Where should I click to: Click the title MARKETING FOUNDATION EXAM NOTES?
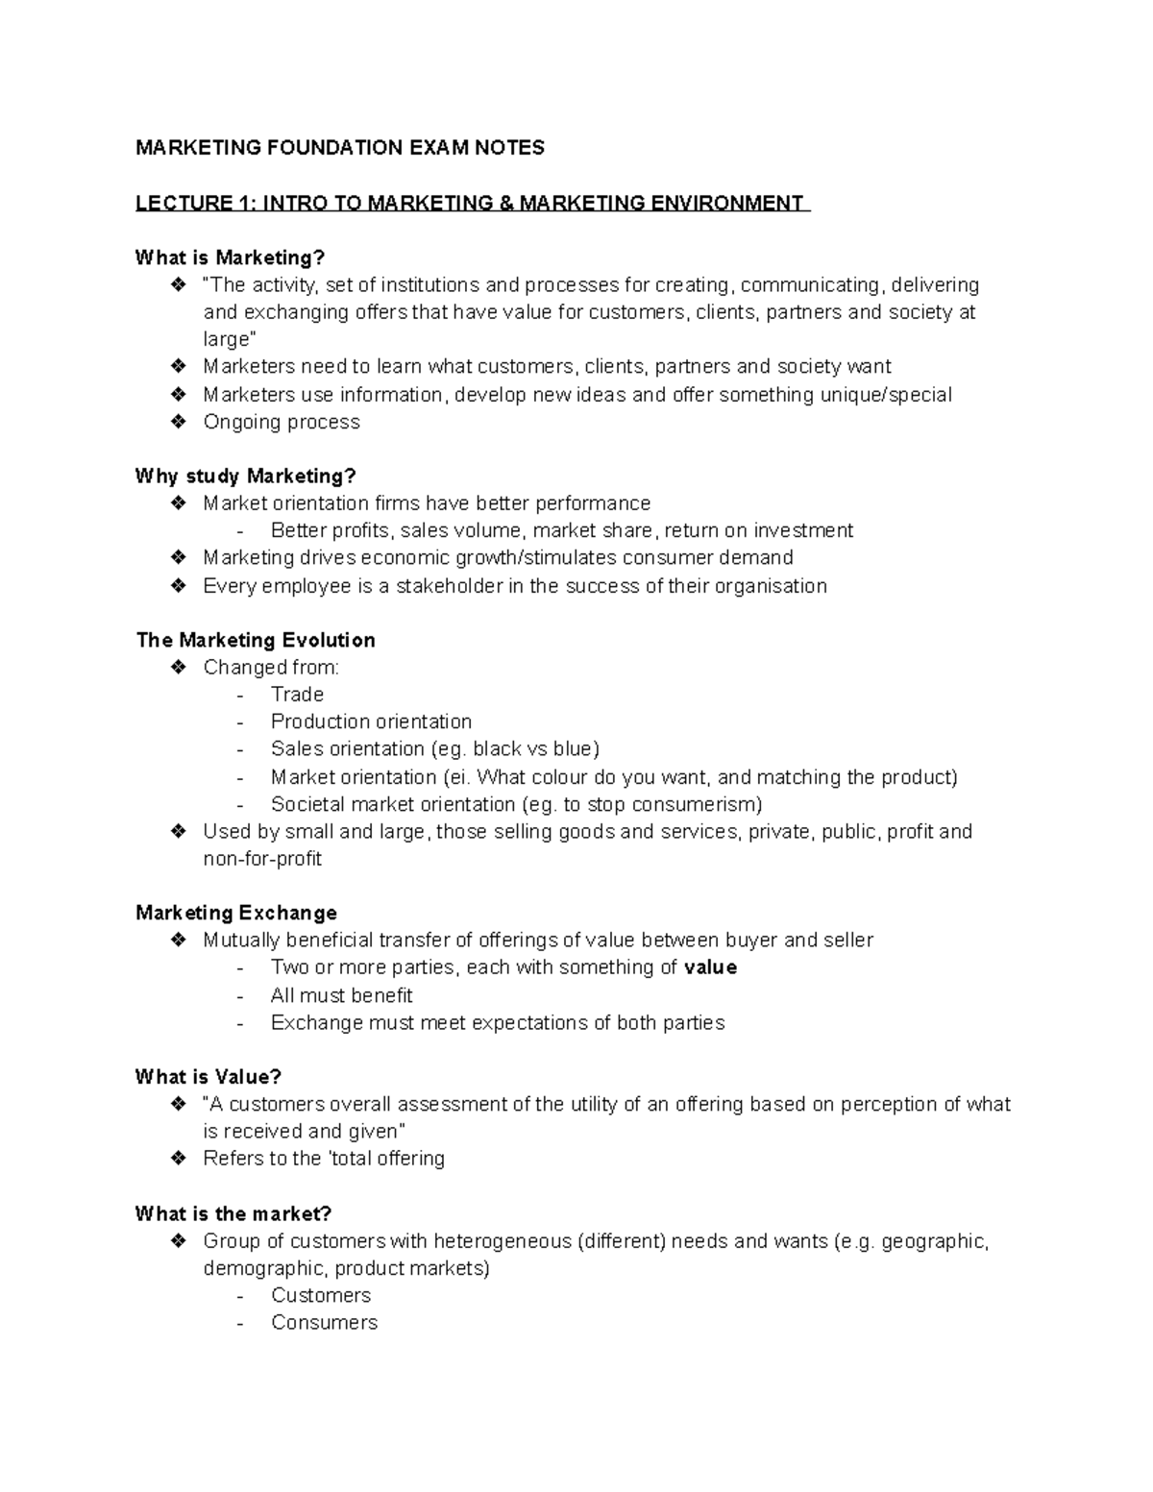coord(339,148)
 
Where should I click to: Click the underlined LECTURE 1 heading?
coord(472,204)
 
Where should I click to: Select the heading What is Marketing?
coord(231,257)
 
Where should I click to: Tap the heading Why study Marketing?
coord(245,477)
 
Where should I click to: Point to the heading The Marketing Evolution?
coord(256,640)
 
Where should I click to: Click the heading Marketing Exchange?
coord(236,913)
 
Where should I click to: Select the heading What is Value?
coord(209,1077)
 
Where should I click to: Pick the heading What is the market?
coord(233,1213)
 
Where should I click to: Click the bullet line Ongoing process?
coord(282,422)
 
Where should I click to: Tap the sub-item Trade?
coord(297,695)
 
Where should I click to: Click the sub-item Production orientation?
coord(371,722)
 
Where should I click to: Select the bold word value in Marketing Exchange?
coord(710,967)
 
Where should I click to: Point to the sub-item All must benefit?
coord(341,995)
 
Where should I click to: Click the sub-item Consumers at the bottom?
coord(324,1323)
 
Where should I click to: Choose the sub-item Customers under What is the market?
coord(321,1295)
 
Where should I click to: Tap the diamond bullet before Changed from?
coord(178,667)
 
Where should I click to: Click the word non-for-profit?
coord(262,859)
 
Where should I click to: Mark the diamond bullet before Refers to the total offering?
coord(178,1158)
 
